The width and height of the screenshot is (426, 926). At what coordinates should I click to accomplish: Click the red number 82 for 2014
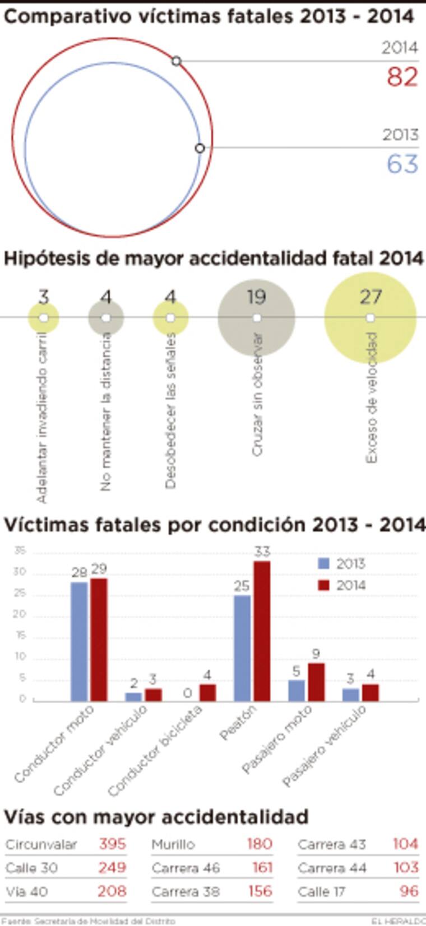[402, 77]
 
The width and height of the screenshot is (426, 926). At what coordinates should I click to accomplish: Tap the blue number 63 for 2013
[402, 163]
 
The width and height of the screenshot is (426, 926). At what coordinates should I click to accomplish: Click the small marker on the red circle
[176, 60]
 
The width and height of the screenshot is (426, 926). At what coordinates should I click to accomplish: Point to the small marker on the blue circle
[200, 148]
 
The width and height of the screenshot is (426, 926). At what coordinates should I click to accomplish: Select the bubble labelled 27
[370, 317]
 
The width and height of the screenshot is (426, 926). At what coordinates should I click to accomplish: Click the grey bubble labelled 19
[256, 317]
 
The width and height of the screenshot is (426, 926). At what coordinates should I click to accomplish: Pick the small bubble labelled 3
[44, 317]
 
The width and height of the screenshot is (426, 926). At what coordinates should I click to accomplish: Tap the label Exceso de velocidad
[371, 397]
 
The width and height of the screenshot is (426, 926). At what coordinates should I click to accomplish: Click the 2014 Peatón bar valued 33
[262, 631]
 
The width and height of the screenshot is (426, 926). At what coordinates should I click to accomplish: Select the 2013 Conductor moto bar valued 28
[79, 641]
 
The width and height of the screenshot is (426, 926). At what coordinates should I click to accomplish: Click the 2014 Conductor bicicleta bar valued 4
[207, 692]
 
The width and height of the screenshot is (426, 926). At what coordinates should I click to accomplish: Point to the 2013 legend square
[323, 563]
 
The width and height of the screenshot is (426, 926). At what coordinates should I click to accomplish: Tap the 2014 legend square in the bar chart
[323, 585]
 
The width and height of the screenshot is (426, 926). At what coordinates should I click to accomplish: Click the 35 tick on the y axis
[20, 551]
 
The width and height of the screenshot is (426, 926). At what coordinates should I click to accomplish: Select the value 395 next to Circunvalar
[112, 844]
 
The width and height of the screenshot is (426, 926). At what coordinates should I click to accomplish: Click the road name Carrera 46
[185, 868]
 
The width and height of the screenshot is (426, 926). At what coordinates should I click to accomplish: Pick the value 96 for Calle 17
[409, 891]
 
